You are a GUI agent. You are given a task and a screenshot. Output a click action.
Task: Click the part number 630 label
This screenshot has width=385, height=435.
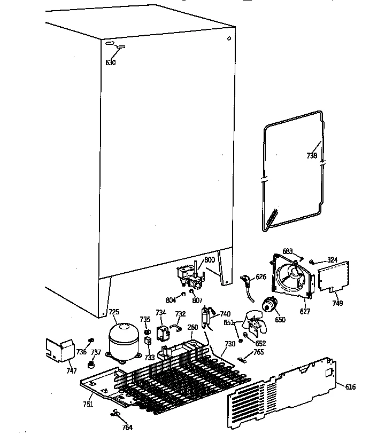point(110,62)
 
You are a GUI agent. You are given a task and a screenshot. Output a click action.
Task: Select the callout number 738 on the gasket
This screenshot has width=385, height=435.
point(312,156)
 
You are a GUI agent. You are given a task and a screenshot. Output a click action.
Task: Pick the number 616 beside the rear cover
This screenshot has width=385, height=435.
point(350,387)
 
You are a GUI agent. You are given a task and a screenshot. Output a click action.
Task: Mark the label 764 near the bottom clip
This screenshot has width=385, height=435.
point(127,427)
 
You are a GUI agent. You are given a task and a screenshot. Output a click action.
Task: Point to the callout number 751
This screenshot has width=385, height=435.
point(88,404)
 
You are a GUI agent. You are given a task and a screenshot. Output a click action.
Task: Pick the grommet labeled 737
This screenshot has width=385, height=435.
point(91,365)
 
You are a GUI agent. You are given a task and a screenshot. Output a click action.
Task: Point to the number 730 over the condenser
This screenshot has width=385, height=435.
point(229,344)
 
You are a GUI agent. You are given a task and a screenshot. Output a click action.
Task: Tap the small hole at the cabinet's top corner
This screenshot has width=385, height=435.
point(229,38)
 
